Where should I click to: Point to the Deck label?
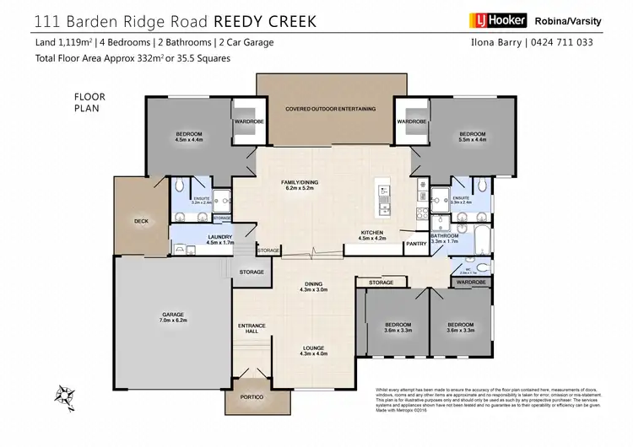[141, 222]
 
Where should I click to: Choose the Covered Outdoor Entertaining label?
[325, 109]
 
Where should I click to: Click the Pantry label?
[415, 244]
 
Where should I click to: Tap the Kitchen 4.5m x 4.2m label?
[372, 235]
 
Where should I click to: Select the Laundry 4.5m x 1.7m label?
[219, 240]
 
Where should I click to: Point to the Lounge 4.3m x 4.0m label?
[313, 351]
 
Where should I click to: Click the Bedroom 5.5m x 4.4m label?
[472, 137]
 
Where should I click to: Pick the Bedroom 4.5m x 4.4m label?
[188, 137]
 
